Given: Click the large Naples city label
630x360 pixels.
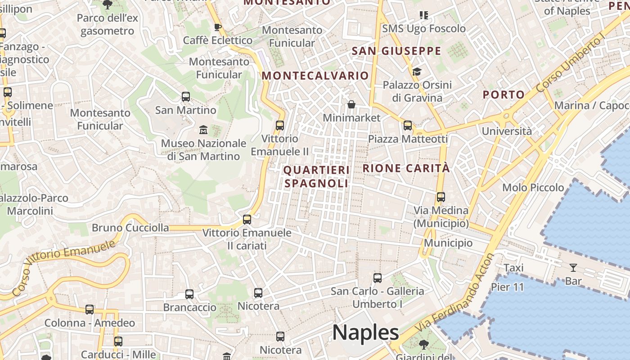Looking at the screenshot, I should (365, 333).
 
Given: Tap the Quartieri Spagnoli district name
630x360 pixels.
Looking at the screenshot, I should (317, 177).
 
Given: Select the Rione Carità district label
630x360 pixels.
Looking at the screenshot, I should (406, 168).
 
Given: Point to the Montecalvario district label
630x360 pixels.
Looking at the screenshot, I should (315, 76).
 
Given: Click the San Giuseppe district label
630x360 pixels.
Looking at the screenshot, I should (396, 51).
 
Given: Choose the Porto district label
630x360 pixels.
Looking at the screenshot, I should (504, 94).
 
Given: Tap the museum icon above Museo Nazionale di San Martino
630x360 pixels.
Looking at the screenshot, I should (203, 130).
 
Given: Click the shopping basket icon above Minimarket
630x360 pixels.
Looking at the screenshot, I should (351, 104).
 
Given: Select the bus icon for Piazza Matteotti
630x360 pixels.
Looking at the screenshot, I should (408, 126).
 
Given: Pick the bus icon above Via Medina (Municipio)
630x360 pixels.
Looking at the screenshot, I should (441, 197).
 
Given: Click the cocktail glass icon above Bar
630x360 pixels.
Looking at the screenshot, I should (573, 268).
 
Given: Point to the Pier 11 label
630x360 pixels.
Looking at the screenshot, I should (508, 287).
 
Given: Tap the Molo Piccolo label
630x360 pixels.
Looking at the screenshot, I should (533, 188).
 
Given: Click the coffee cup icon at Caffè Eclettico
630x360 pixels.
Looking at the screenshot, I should (218, 27).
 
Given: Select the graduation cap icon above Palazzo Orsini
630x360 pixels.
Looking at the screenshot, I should (417, 72).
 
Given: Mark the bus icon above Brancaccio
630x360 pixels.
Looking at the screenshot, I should (189, 294).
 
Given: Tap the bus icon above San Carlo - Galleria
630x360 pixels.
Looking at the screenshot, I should (378, 278).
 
